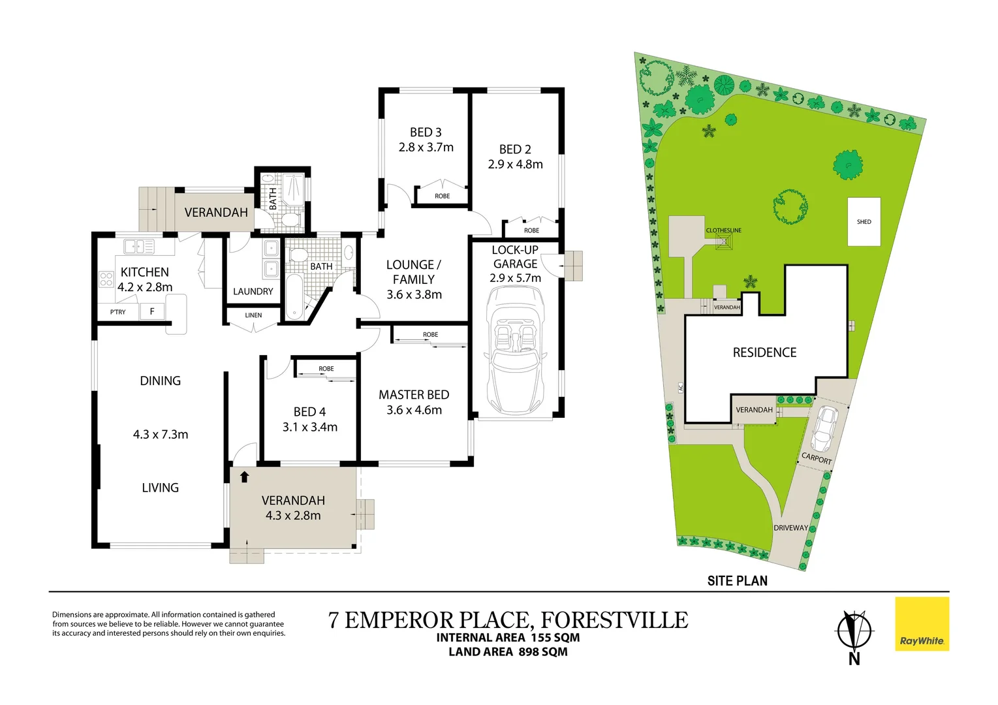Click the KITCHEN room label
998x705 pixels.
[144, 272]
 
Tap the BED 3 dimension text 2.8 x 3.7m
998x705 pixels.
[426, 147]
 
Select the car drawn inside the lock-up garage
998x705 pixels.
[516, 351]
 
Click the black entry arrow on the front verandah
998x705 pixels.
[244, 477]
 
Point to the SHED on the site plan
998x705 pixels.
[864, 221]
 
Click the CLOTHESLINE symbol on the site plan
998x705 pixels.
[724, 242]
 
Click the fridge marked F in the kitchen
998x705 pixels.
[152, 311]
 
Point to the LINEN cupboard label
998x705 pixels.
[253, 315]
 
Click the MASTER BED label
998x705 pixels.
[414, 395]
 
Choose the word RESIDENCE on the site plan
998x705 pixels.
[764, 352]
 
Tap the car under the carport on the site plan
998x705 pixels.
[823, 429]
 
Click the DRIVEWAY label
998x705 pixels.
[791, 527]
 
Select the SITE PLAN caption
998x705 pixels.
[738, 581]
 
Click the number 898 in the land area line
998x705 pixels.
[529, 651]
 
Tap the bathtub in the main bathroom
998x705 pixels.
[294, 297]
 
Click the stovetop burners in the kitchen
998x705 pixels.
[106, 279]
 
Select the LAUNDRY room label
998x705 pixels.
[253, 291]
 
